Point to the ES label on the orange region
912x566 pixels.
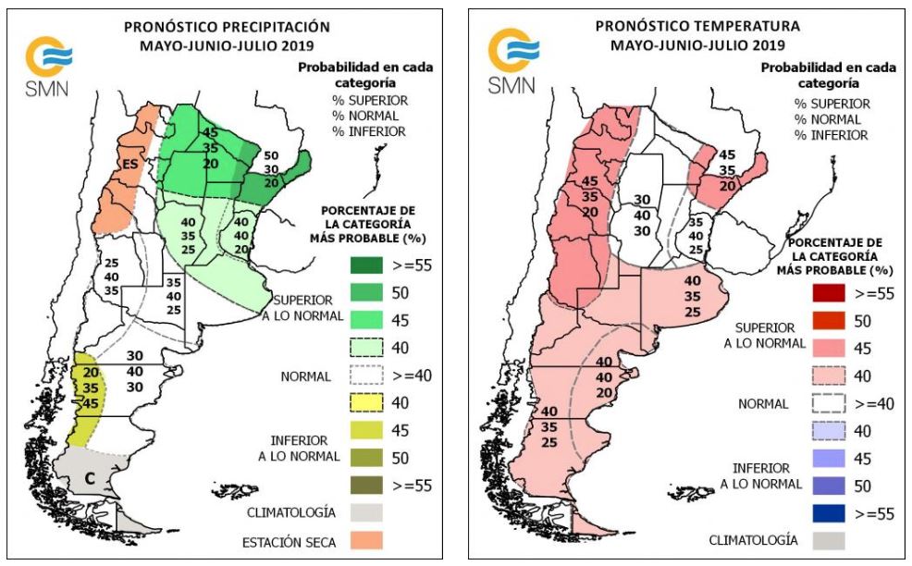click(x=130, y=164)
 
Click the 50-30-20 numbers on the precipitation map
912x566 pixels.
click(x=271, y=168)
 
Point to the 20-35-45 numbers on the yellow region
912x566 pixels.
click(x=89, y=388)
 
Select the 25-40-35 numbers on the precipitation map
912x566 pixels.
click(x=112, y=277)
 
